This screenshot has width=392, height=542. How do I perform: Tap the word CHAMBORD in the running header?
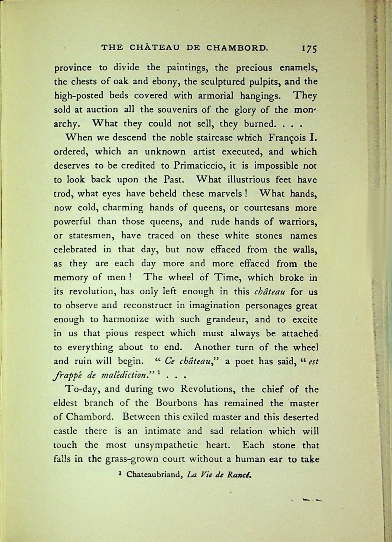[236, 48]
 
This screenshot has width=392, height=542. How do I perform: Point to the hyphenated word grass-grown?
[127, 459]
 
